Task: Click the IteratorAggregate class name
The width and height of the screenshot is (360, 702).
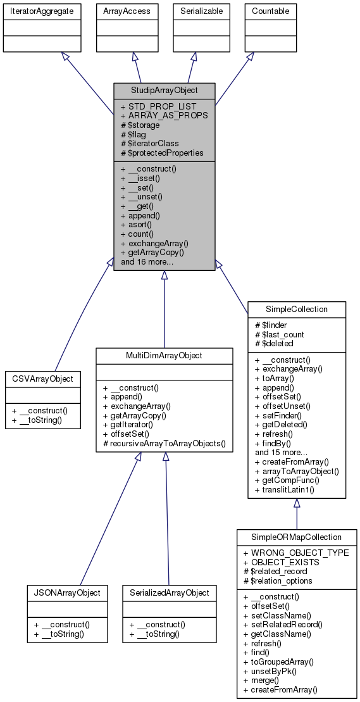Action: coord(42,11)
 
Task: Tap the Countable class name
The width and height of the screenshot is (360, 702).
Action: coord(270,11)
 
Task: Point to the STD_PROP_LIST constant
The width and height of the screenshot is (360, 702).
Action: coord(158,106)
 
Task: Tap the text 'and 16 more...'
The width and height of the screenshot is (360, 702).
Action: coord(148,261)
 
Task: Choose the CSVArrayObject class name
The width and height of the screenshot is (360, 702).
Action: coord(42,379)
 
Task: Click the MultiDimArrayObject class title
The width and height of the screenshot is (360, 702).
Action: coord(164,356)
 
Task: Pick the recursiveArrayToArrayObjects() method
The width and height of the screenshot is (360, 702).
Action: coord(164,443)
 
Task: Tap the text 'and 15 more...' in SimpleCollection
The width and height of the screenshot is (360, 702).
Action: coord(282,453)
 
